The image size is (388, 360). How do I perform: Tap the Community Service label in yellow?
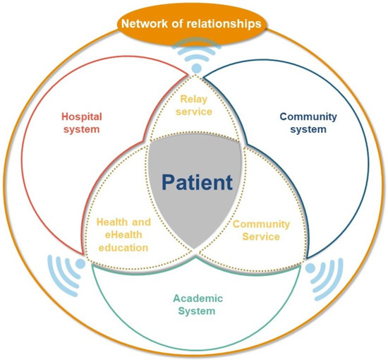pos(261,230)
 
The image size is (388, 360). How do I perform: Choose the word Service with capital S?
pos(261,236)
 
